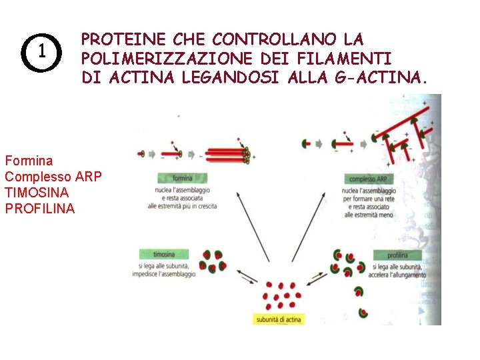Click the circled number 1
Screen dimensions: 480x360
(x=41, y=51)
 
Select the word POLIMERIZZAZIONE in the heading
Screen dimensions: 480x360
(x=161, y=59)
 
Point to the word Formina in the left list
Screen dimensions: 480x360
(x=29, y=161)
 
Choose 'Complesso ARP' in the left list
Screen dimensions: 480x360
(x=53, y=177)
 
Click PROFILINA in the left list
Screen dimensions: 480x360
(x=40, y=209)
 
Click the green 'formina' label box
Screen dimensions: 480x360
(x=183, y=179)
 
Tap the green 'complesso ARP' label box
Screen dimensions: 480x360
(x=369, y=179)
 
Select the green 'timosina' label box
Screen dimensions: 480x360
(x=164, y=255)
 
